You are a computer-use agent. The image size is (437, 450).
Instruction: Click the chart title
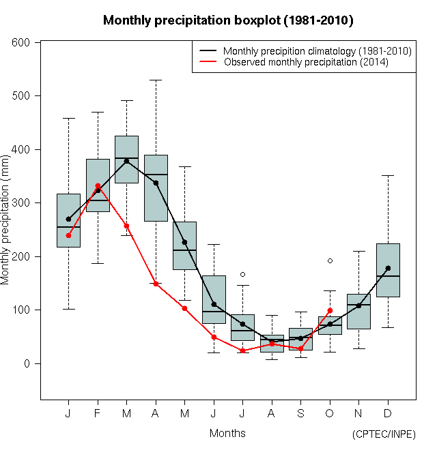tap(228, 20)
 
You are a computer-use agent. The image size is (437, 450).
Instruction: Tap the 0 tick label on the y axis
tap(28, 363)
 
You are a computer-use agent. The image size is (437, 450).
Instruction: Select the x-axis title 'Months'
tap(227, 433)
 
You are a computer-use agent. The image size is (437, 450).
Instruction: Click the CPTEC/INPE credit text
tap(384, 434)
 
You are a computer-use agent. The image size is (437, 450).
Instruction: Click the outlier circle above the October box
tap(330, 260)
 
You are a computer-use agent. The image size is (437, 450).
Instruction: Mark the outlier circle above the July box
tap(242, 274)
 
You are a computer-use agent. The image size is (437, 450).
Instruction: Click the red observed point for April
tap(156, 284)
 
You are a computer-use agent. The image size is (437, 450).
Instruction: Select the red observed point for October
tap(330, 311)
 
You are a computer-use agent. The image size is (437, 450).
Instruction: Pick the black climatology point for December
tap(388, 268)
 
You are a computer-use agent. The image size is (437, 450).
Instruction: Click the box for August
tap(272, 344)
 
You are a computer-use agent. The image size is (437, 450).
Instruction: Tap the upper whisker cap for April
tap(156, 80)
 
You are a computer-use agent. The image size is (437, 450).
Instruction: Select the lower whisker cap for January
tap(68, 309)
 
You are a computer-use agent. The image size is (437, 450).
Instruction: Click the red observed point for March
tap(126, 226)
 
